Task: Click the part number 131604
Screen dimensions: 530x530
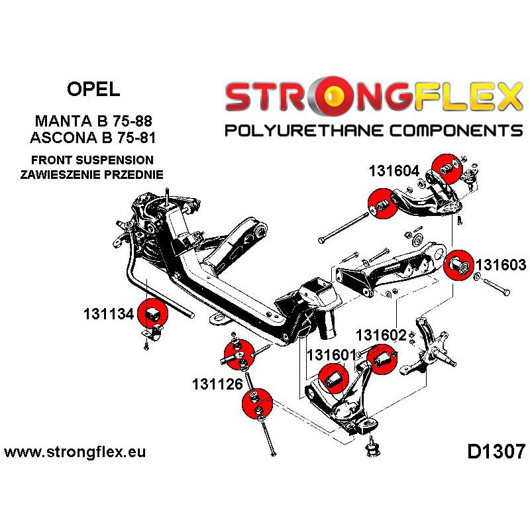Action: pos(394,171)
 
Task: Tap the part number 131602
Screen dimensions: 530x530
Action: pos(381,335)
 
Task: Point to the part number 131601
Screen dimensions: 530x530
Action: pos(332,354)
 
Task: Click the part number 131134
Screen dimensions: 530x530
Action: pos(109,314)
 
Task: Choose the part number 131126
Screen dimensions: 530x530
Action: pos(218,384)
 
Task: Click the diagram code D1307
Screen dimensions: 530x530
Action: pos(496,452)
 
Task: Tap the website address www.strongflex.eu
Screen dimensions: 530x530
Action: pos(75,452)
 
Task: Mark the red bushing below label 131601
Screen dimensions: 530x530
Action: pos(332,378)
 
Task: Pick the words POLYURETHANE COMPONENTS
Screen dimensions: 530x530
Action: pos(373,130)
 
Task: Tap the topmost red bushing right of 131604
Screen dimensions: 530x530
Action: pos(445,168)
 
